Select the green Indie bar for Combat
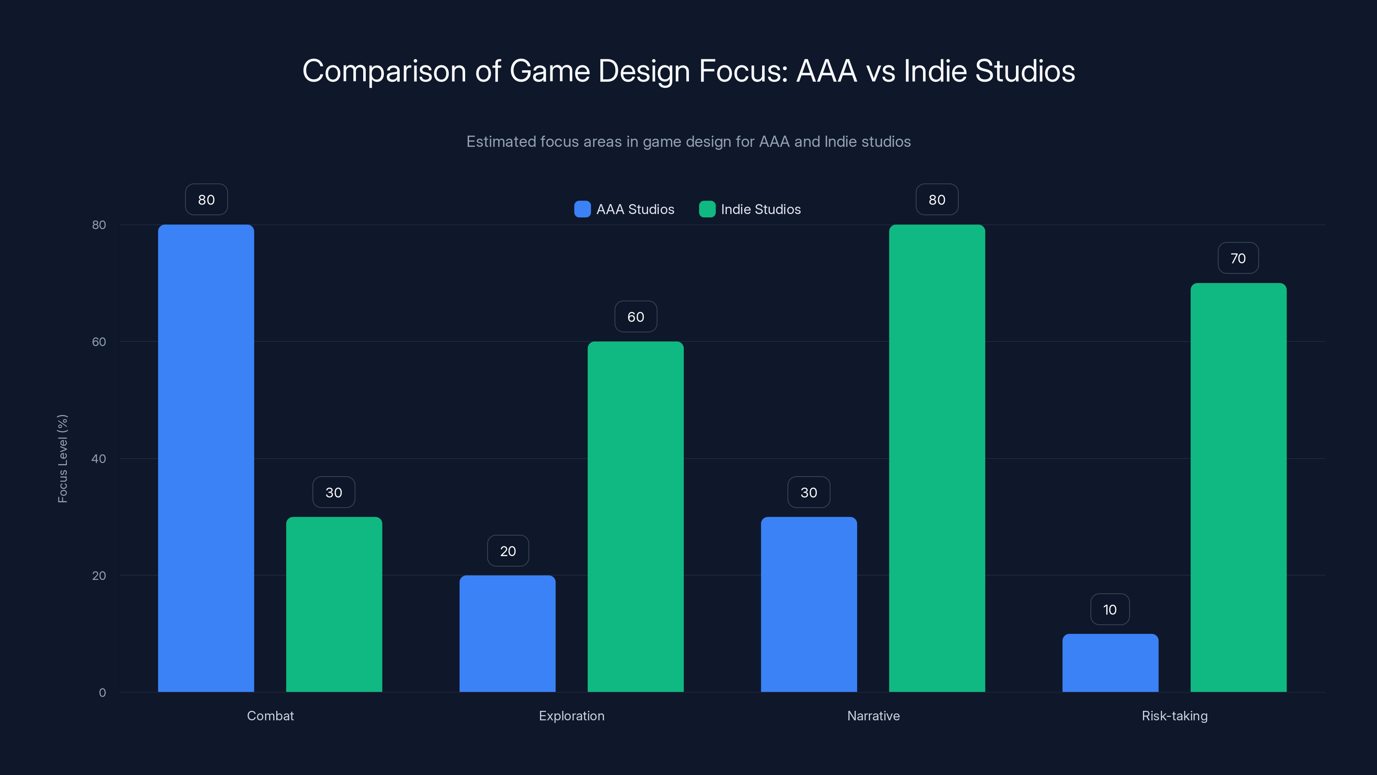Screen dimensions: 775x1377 click(x=334, y=604)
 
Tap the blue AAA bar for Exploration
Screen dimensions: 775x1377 click(x=507, y=634)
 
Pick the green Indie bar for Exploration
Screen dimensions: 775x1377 click(x=636, y=517)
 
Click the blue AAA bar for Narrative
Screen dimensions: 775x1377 click(x=809, y=604)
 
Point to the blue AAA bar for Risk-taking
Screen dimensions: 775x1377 click(x=1110, y=663)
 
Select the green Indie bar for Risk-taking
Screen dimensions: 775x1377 click(x=1238, y=487)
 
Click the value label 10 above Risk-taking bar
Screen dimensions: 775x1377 click(x=1110, y=610)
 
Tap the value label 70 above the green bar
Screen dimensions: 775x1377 click(x=1238, y=258)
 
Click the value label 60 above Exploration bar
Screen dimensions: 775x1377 click(x=636, y=316)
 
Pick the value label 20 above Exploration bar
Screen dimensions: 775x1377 click(x=508, y=551)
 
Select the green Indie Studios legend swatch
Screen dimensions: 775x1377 click(x=707, y=209)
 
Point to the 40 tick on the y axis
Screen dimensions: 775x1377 click(x=99, y=459)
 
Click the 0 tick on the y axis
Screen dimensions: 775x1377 click(x=102, y=693)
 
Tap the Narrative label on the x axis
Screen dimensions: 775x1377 click(x=874, y=716)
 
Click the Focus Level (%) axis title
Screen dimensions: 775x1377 click(x=62, y=459)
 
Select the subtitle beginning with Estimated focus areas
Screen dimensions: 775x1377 click(x=688, y=142)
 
